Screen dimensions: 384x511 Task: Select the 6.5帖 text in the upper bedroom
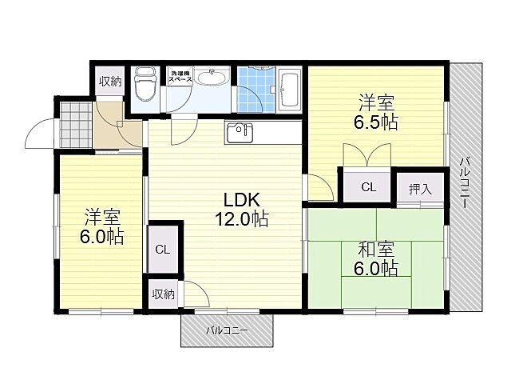(x=377, y=123)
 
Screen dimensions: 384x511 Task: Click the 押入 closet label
(x=420, y=190)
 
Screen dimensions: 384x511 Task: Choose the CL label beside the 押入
(x=367, y=189)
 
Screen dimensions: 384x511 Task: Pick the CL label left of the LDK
(x=162, y=250)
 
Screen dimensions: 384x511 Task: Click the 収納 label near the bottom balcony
(x=163, y=294)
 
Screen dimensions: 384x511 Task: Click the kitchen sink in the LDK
(x=240, y=134)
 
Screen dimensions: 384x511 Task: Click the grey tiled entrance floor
(x=74, y=123)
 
